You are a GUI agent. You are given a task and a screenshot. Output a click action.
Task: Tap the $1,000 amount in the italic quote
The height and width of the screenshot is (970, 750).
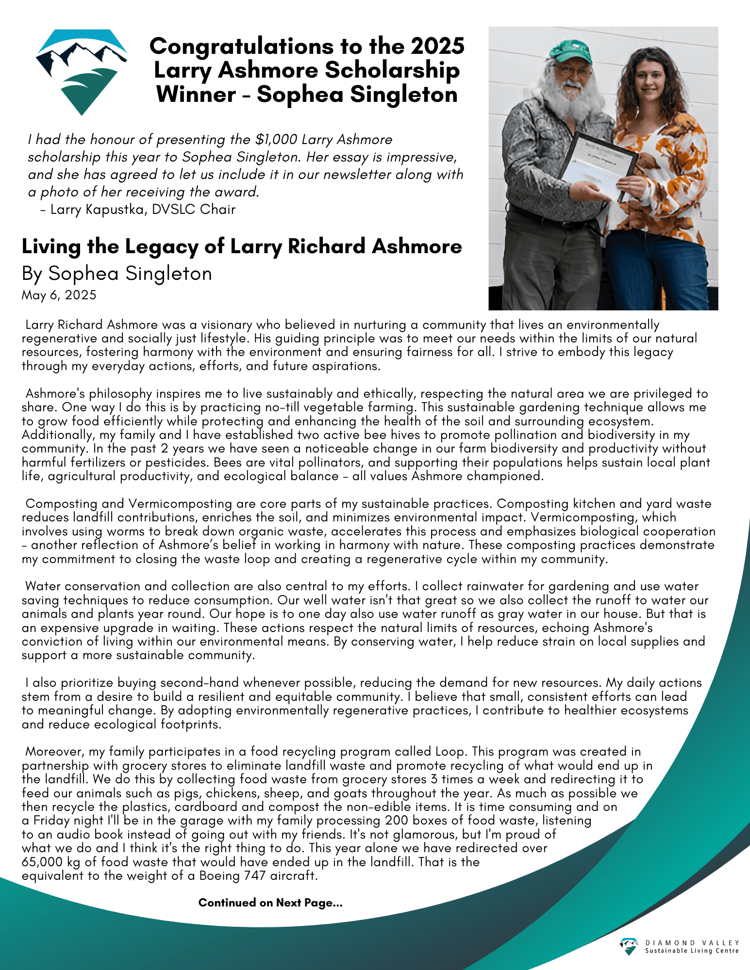pos(276,140)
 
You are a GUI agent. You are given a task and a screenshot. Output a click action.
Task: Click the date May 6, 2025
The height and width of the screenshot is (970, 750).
pos(59,295)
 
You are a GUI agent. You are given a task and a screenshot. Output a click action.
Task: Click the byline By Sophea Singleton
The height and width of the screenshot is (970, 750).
pos(117,274)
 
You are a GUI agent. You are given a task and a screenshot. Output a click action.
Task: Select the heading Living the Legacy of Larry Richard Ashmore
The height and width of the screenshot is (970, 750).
pos(242,246)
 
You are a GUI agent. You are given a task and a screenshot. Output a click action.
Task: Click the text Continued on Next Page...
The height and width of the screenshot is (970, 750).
pos(270,903)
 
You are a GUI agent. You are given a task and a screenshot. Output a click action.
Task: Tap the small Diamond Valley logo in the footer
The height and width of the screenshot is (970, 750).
pos(629,946)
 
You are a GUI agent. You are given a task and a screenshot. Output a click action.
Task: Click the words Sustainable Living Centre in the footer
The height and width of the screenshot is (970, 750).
pos(692,951)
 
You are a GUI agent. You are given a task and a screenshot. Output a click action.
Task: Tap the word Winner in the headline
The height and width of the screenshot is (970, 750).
pos(196,94)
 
